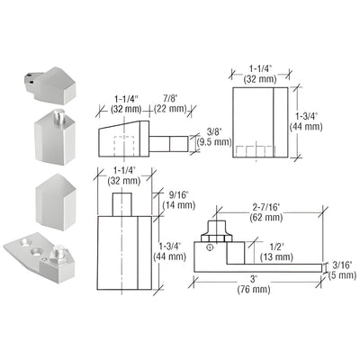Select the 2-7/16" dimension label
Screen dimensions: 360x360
pos(267,204)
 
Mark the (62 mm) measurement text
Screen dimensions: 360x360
pos(267,216)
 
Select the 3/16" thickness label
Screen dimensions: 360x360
pos(342,266)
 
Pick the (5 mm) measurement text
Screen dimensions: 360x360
pos(342,277)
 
